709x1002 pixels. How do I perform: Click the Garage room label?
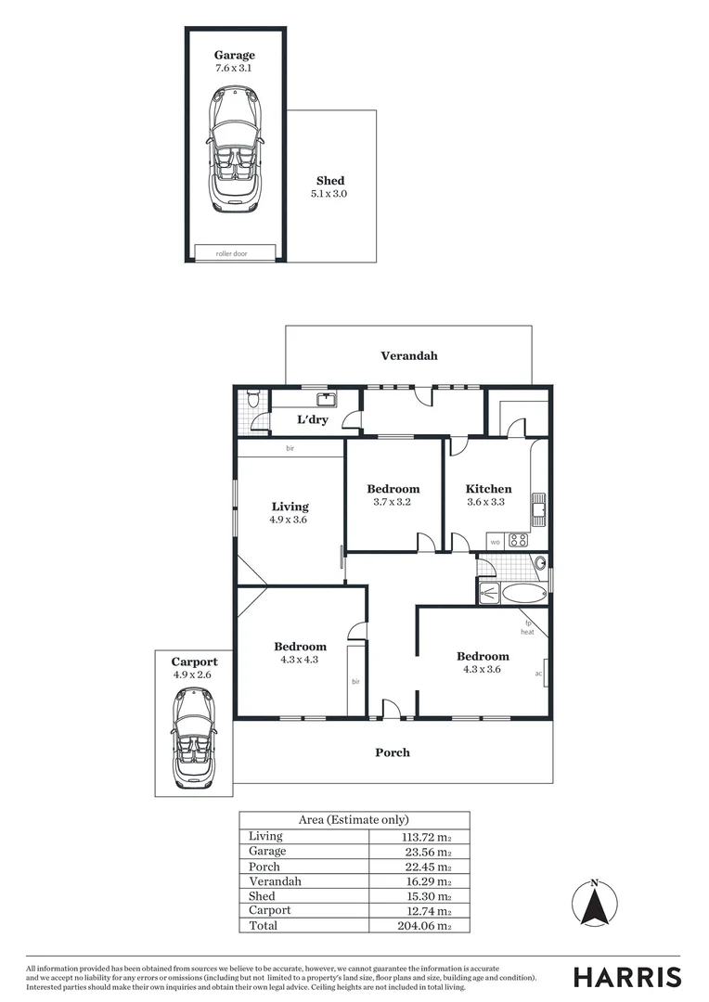[234, 55]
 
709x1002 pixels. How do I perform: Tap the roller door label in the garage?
[235, 252]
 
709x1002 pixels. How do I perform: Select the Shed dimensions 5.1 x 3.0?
[329, 194]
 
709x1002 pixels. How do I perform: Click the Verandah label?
[408, 355]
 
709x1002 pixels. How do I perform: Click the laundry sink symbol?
[326, 400]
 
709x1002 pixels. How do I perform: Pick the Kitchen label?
[488, 489]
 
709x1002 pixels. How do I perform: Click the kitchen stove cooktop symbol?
[518, 539]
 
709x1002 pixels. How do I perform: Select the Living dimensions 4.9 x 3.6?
[290, 520]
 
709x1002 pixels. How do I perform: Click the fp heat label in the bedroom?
[527, 627]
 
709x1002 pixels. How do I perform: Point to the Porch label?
[392, 752]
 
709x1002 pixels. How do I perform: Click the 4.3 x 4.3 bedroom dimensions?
[300, 660]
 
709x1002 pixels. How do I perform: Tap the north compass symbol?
[595, 904]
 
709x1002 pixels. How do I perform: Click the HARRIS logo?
[626, 977]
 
